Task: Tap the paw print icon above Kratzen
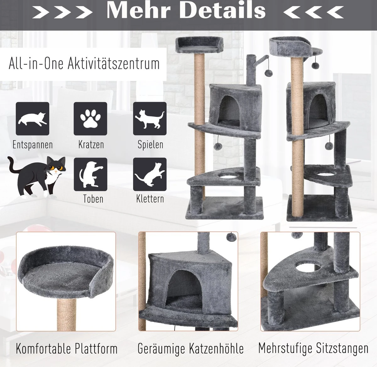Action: (x=90, y=119)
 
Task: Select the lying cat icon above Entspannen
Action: (x=33, y=119)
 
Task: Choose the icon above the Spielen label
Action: (x=150, y=119)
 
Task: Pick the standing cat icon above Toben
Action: (x=90, y=174)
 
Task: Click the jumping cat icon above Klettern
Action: (x=150, y=174)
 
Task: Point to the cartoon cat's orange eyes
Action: (x=56, y=168)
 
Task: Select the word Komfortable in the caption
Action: (x=43, y=348)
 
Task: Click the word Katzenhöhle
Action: (x=216, y=348)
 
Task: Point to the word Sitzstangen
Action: (x=342, y=348)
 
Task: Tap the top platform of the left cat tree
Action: (x=199, y=45)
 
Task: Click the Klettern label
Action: (x=150, y=199)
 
